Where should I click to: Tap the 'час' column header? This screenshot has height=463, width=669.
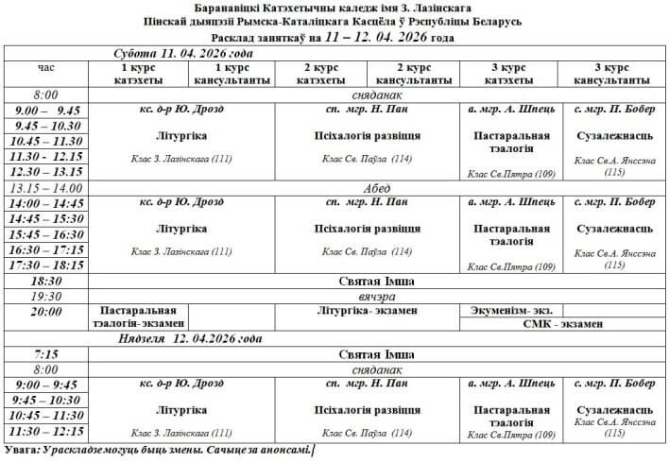point(46,68)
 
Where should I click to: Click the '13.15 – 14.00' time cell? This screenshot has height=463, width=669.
point(45,188)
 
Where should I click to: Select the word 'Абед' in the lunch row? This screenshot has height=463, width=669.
point(377,188)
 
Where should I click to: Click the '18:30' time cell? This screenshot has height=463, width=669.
point(45,282)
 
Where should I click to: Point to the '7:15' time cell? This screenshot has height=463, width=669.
point(45,354)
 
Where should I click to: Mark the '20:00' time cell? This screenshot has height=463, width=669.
point(45,311)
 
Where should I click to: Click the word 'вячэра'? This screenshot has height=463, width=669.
point(377,296)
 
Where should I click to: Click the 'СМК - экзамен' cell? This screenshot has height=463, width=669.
point(562,324)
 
